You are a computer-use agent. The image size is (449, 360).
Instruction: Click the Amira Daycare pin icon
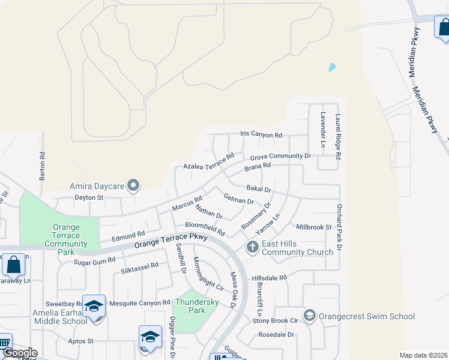[x=134, y=186]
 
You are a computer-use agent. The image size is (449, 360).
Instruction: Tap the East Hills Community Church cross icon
[x=252, y=247]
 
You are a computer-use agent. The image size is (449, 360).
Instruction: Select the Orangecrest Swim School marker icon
[x=310, y=316]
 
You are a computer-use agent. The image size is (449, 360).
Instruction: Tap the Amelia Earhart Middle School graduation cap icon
[x=94, y=305]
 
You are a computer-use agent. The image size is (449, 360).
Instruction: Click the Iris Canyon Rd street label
[x=261, y=135]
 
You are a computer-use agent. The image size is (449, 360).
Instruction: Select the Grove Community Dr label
[x=280, y=156]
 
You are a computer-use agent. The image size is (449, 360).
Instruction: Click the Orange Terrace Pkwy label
[x=170, y=241]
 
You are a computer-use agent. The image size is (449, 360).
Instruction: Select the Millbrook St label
[x=314, y=227]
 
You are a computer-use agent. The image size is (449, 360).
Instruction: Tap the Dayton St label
[x=89, y=197]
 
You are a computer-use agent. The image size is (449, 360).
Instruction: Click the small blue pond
[x=332, y=68]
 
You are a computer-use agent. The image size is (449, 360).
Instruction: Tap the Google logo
[x=19, y=353]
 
